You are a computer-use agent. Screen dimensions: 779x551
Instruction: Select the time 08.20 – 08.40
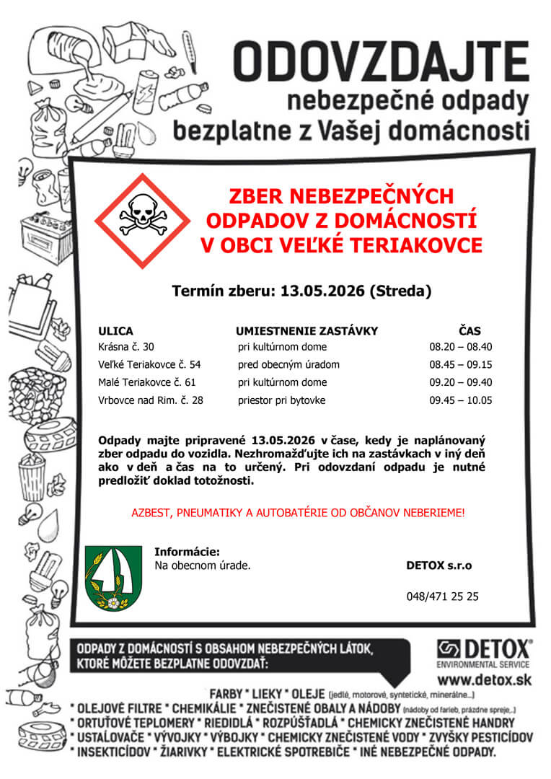coord(460,347)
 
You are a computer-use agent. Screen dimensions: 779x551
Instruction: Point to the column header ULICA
coord(115,331)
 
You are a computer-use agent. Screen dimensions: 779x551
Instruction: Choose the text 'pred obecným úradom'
coord(288,364)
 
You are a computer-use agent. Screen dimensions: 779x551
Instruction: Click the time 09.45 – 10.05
coord(460,400)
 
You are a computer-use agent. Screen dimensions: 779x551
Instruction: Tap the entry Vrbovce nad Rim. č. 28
coord(151,400)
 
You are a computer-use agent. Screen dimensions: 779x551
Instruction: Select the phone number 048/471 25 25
coord(442,597)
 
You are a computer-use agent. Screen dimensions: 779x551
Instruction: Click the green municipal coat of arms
coord(114,578)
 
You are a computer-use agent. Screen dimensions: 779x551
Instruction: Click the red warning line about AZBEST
coord(298,513)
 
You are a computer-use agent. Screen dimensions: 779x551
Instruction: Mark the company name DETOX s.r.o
coord(439,565)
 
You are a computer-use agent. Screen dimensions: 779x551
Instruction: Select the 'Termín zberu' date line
coord(301,291)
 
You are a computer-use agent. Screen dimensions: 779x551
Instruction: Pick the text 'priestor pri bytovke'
coord(282,400)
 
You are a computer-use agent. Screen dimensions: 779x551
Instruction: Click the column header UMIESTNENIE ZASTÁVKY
coord(307,331)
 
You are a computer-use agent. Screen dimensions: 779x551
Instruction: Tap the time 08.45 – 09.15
coord(460,364)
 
